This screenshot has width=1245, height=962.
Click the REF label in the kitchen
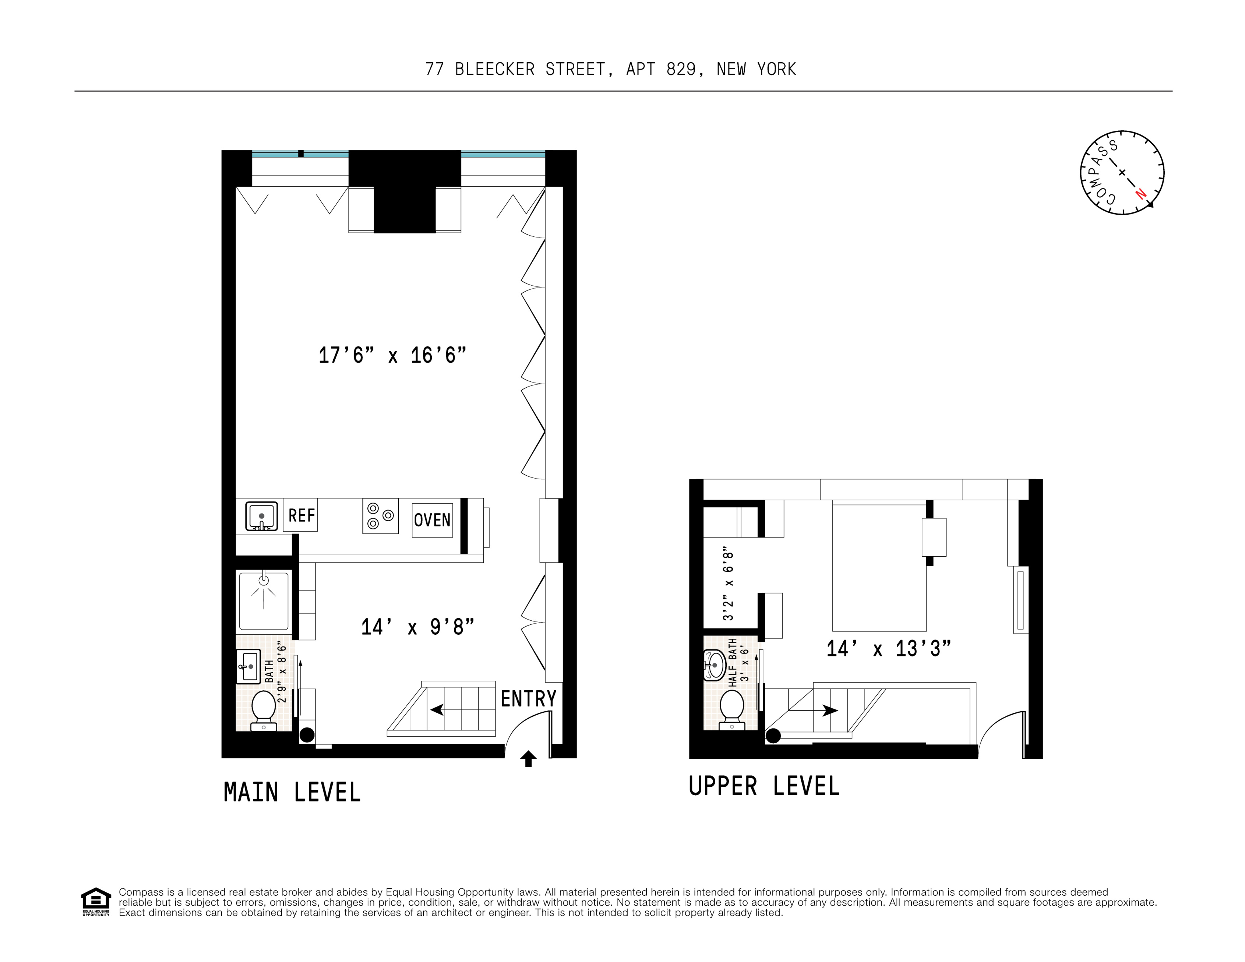[x=301, y=515]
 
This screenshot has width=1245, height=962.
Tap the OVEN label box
[x=432, y=520]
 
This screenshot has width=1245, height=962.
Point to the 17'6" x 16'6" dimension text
[x=392, y=355]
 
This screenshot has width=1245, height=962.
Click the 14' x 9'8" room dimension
[x=417, y=627]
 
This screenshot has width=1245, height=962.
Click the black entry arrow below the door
[x=528, y=759]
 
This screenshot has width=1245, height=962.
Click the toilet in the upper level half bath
[x=732, y=709]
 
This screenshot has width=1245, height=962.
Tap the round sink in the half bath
[x=715, y=666]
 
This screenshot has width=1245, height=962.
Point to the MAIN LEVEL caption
[x=292, y=793]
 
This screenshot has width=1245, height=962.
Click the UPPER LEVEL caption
[x=764, y=786]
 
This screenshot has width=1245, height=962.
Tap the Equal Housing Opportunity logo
[x=96, y=902]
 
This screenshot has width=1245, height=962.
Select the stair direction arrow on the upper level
[x=829, y=711]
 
